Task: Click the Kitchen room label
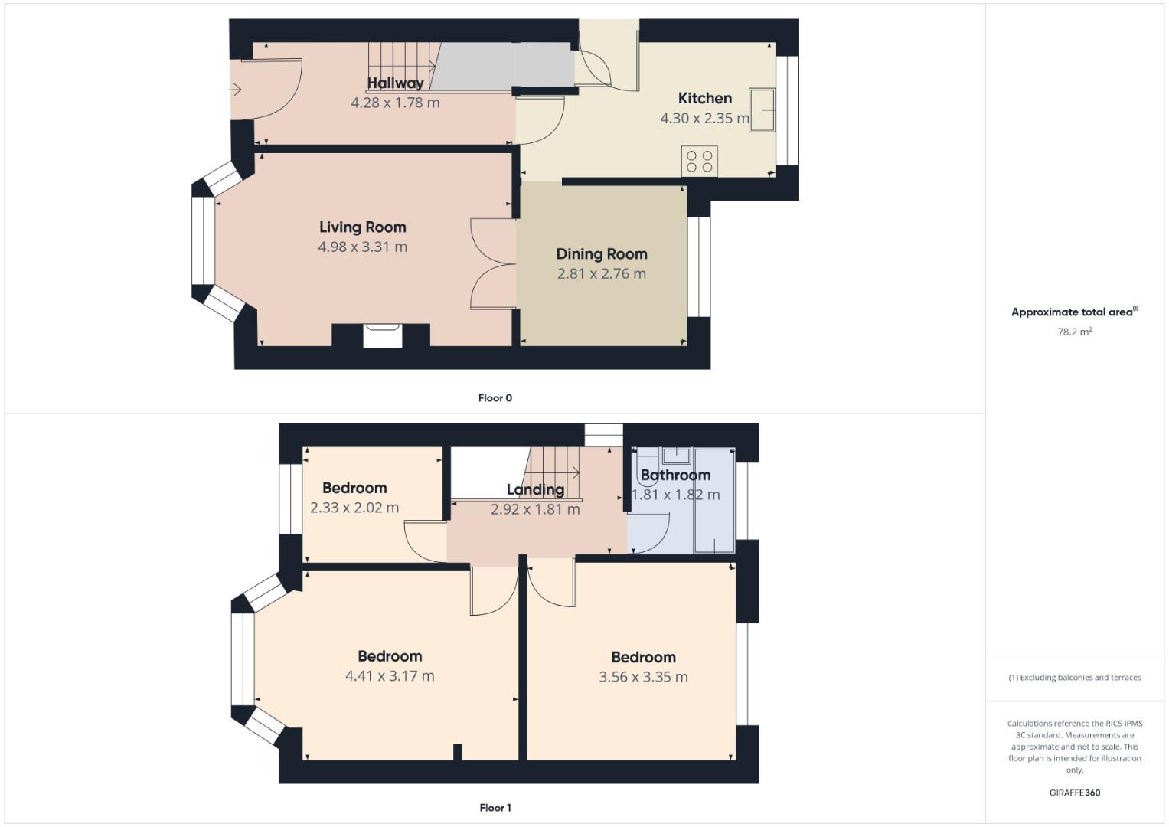point(704,98)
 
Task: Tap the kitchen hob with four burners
point(699,161)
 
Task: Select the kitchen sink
point(762,110)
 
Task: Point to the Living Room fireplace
point(382,335)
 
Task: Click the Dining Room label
point(602,254)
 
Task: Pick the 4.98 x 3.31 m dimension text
point(362,247)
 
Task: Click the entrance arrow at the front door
point(235,90)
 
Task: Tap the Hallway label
point(395,83)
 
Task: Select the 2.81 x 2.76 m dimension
point(602,273)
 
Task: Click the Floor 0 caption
point(495,397)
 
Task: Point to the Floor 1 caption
point(495,807)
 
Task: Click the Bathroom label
point(675,475)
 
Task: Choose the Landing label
point(535,489)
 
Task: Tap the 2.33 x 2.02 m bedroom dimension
point(354,507)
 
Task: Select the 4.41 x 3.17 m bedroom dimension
point(390,675)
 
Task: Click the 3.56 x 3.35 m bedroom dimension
point(643,677)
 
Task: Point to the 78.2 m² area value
point(1075,332)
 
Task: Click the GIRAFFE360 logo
point(1075,793)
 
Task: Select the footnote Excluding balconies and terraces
point(1075,677)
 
